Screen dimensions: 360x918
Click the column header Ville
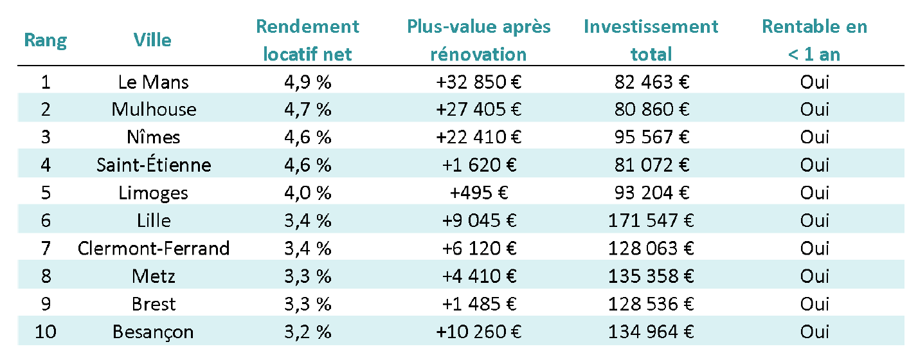click(152, 40)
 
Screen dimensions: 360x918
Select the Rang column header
click(45, 40)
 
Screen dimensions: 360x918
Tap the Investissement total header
click(651, 40)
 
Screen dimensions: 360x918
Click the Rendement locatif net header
click(307, 40)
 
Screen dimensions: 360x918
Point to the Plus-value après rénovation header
click(478, 40)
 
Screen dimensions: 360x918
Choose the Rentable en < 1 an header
click(814, 40)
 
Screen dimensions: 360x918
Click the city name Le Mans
click(154, 82)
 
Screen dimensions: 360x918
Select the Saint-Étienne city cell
click(154, 165)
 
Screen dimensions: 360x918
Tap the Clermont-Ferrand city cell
click(154, 248)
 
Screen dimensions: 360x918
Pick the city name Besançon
click(154, 332)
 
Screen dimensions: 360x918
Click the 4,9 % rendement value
click(307, 82)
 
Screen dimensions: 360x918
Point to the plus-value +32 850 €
click(478, 82)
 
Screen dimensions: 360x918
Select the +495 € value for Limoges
click(478, 193)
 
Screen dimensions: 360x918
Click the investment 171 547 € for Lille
click(651, 221)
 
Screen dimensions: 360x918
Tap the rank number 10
click(46, 332)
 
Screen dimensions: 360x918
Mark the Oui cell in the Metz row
click(815, 276)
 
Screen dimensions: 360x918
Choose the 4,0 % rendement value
click(307, 193)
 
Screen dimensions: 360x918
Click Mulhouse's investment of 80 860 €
click(651, 109)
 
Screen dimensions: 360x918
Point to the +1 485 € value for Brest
click(478, 304)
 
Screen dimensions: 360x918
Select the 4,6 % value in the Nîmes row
click(307, 137)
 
